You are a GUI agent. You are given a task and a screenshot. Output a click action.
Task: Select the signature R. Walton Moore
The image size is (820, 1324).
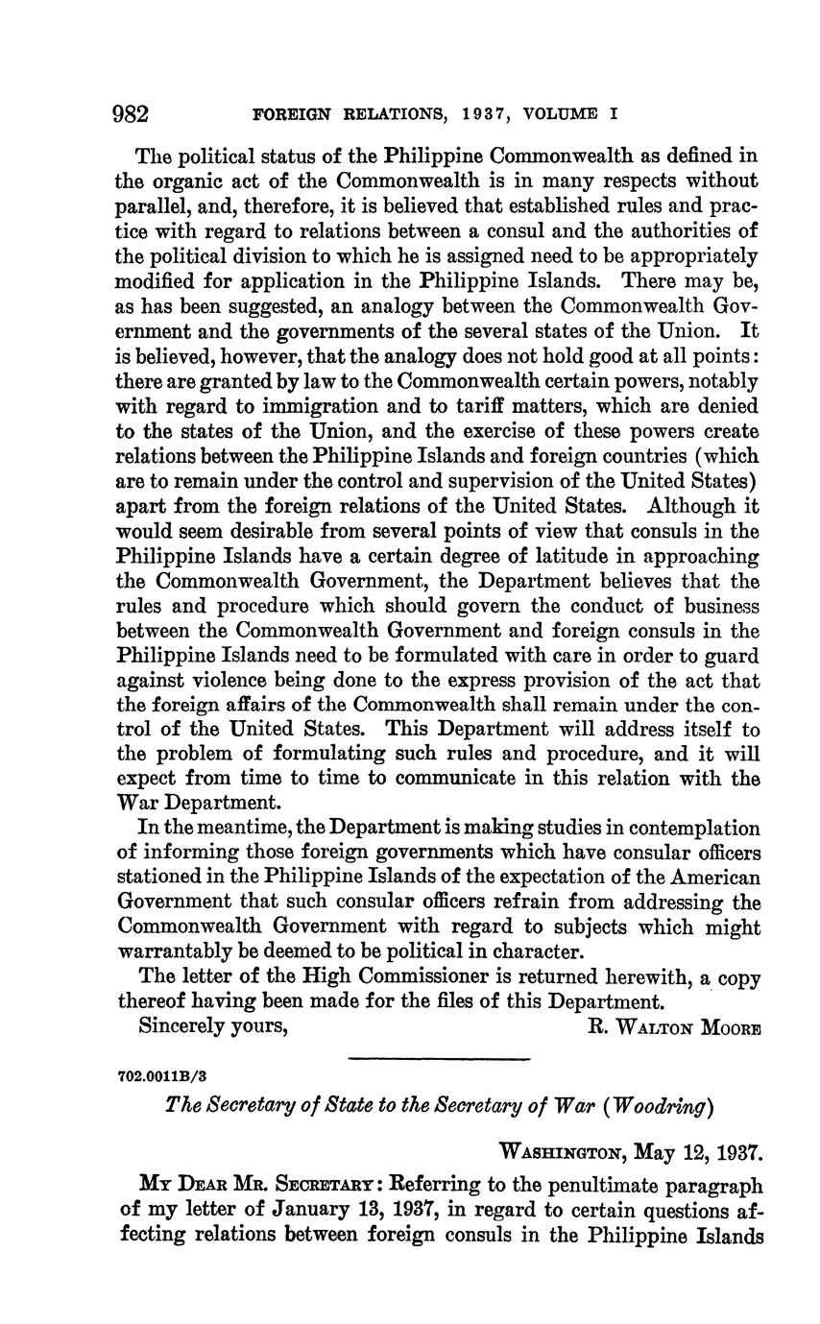tap(673, 1027)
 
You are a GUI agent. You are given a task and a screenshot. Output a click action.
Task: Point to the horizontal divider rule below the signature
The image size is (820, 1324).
tap(440, 1059)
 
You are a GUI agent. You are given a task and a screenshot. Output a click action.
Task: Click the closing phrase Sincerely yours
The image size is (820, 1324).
tap(214, 1026)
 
